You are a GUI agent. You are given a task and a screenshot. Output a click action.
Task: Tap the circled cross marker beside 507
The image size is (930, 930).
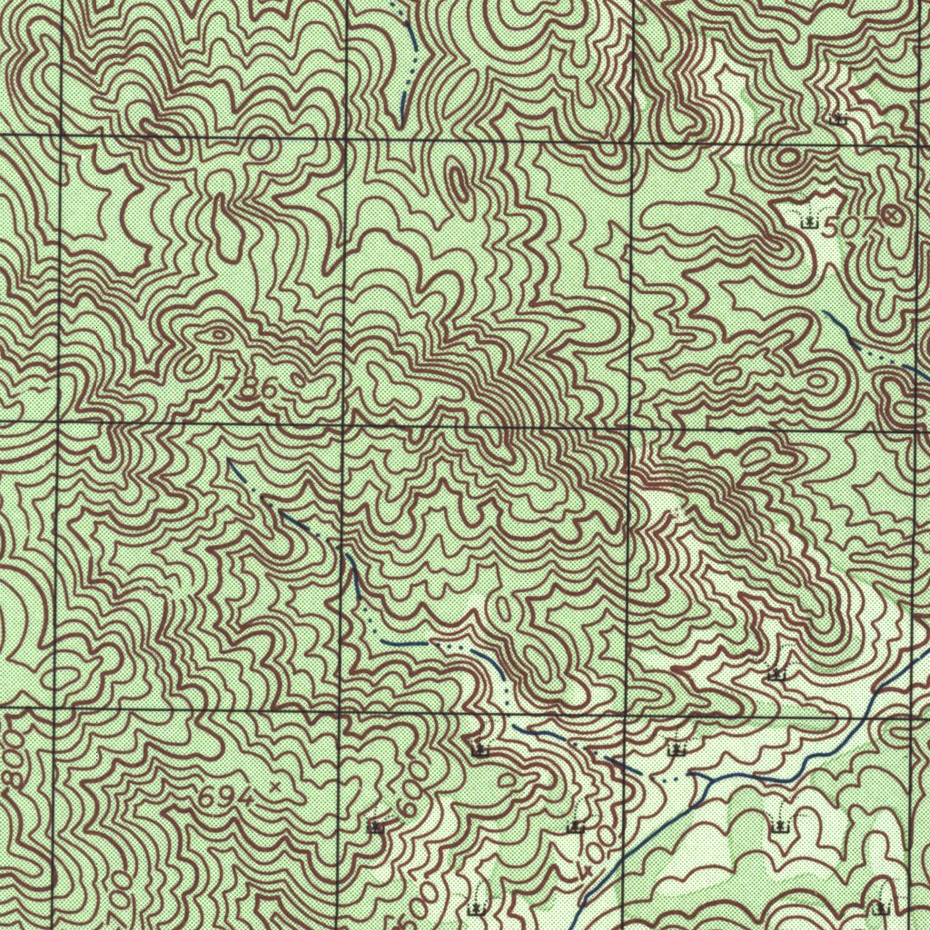point(894,215)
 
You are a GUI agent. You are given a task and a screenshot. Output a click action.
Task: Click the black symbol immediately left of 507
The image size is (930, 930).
point(807,221)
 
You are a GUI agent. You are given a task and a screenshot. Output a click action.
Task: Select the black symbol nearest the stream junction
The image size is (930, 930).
point(675,749)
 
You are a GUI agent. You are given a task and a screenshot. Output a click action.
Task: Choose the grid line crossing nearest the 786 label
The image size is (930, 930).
point(343,423)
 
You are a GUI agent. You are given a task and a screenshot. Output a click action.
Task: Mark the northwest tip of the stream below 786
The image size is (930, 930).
point(230,461)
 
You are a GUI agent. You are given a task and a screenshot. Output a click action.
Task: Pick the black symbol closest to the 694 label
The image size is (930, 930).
point(373,827)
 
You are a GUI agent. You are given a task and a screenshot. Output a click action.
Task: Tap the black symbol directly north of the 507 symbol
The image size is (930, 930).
point(838,118)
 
